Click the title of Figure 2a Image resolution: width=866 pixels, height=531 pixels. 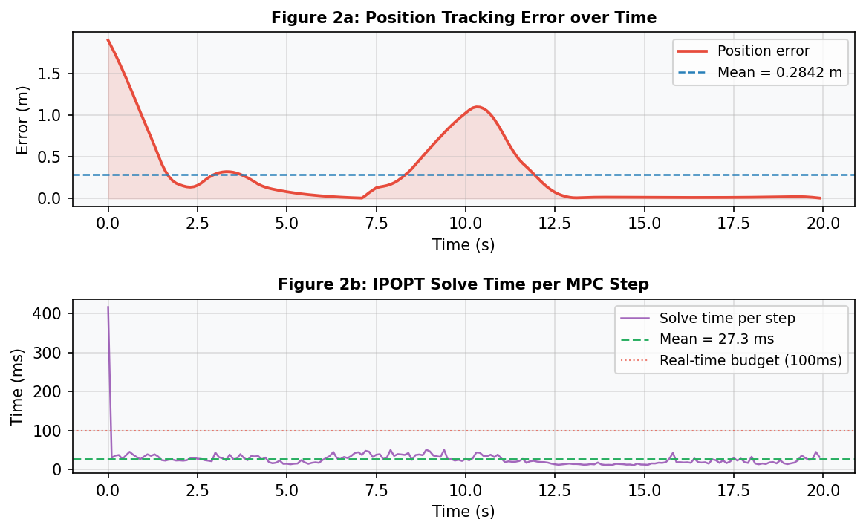[463, 17]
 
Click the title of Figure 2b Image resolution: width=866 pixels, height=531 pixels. [463, 284]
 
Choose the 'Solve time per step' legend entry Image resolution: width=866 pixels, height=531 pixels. [727, 318]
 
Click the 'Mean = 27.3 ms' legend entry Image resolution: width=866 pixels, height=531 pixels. [716, 339]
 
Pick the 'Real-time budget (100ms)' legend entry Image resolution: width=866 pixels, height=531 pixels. [750, 361]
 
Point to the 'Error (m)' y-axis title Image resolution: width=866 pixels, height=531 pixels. [22, 120]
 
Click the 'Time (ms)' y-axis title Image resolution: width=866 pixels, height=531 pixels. [18, 386]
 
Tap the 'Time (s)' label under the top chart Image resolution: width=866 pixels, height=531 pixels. [463, 244]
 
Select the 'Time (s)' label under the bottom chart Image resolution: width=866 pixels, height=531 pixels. [463, 512]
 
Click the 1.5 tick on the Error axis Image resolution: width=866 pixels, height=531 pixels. [53, 74]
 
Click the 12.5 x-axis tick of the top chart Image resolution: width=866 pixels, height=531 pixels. [555, 223]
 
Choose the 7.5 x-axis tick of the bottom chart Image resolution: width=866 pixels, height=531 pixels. [376, 490]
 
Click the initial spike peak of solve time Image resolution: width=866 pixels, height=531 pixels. [108, 307]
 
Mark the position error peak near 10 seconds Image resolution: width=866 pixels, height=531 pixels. [478, 107]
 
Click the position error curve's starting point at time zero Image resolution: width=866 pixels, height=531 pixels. [108, 40]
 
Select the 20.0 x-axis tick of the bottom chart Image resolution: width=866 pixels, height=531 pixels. [822, 490]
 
